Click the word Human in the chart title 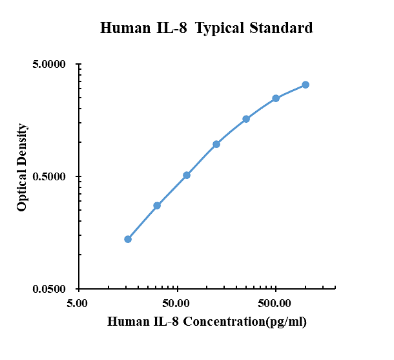(125, 28)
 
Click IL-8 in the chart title (172, 28)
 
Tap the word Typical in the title (220, 28)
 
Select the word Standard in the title (281, 28)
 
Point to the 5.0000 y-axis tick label (49, 64)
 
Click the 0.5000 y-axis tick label (49, 176)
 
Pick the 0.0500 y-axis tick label (49, 289)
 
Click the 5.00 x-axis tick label (77, 303)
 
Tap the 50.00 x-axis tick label (176, 303)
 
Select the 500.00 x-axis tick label (275, 303)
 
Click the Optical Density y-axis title (21, 167)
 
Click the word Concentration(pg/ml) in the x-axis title (245, 322)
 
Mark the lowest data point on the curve (128, 239)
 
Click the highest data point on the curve (306, 85)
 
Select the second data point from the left (157, 206)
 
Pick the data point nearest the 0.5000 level (187, 175)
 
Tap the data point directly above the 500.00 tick (276, 98)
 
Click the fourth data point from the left (216, 144)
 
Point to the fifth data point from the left (246, 119)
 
